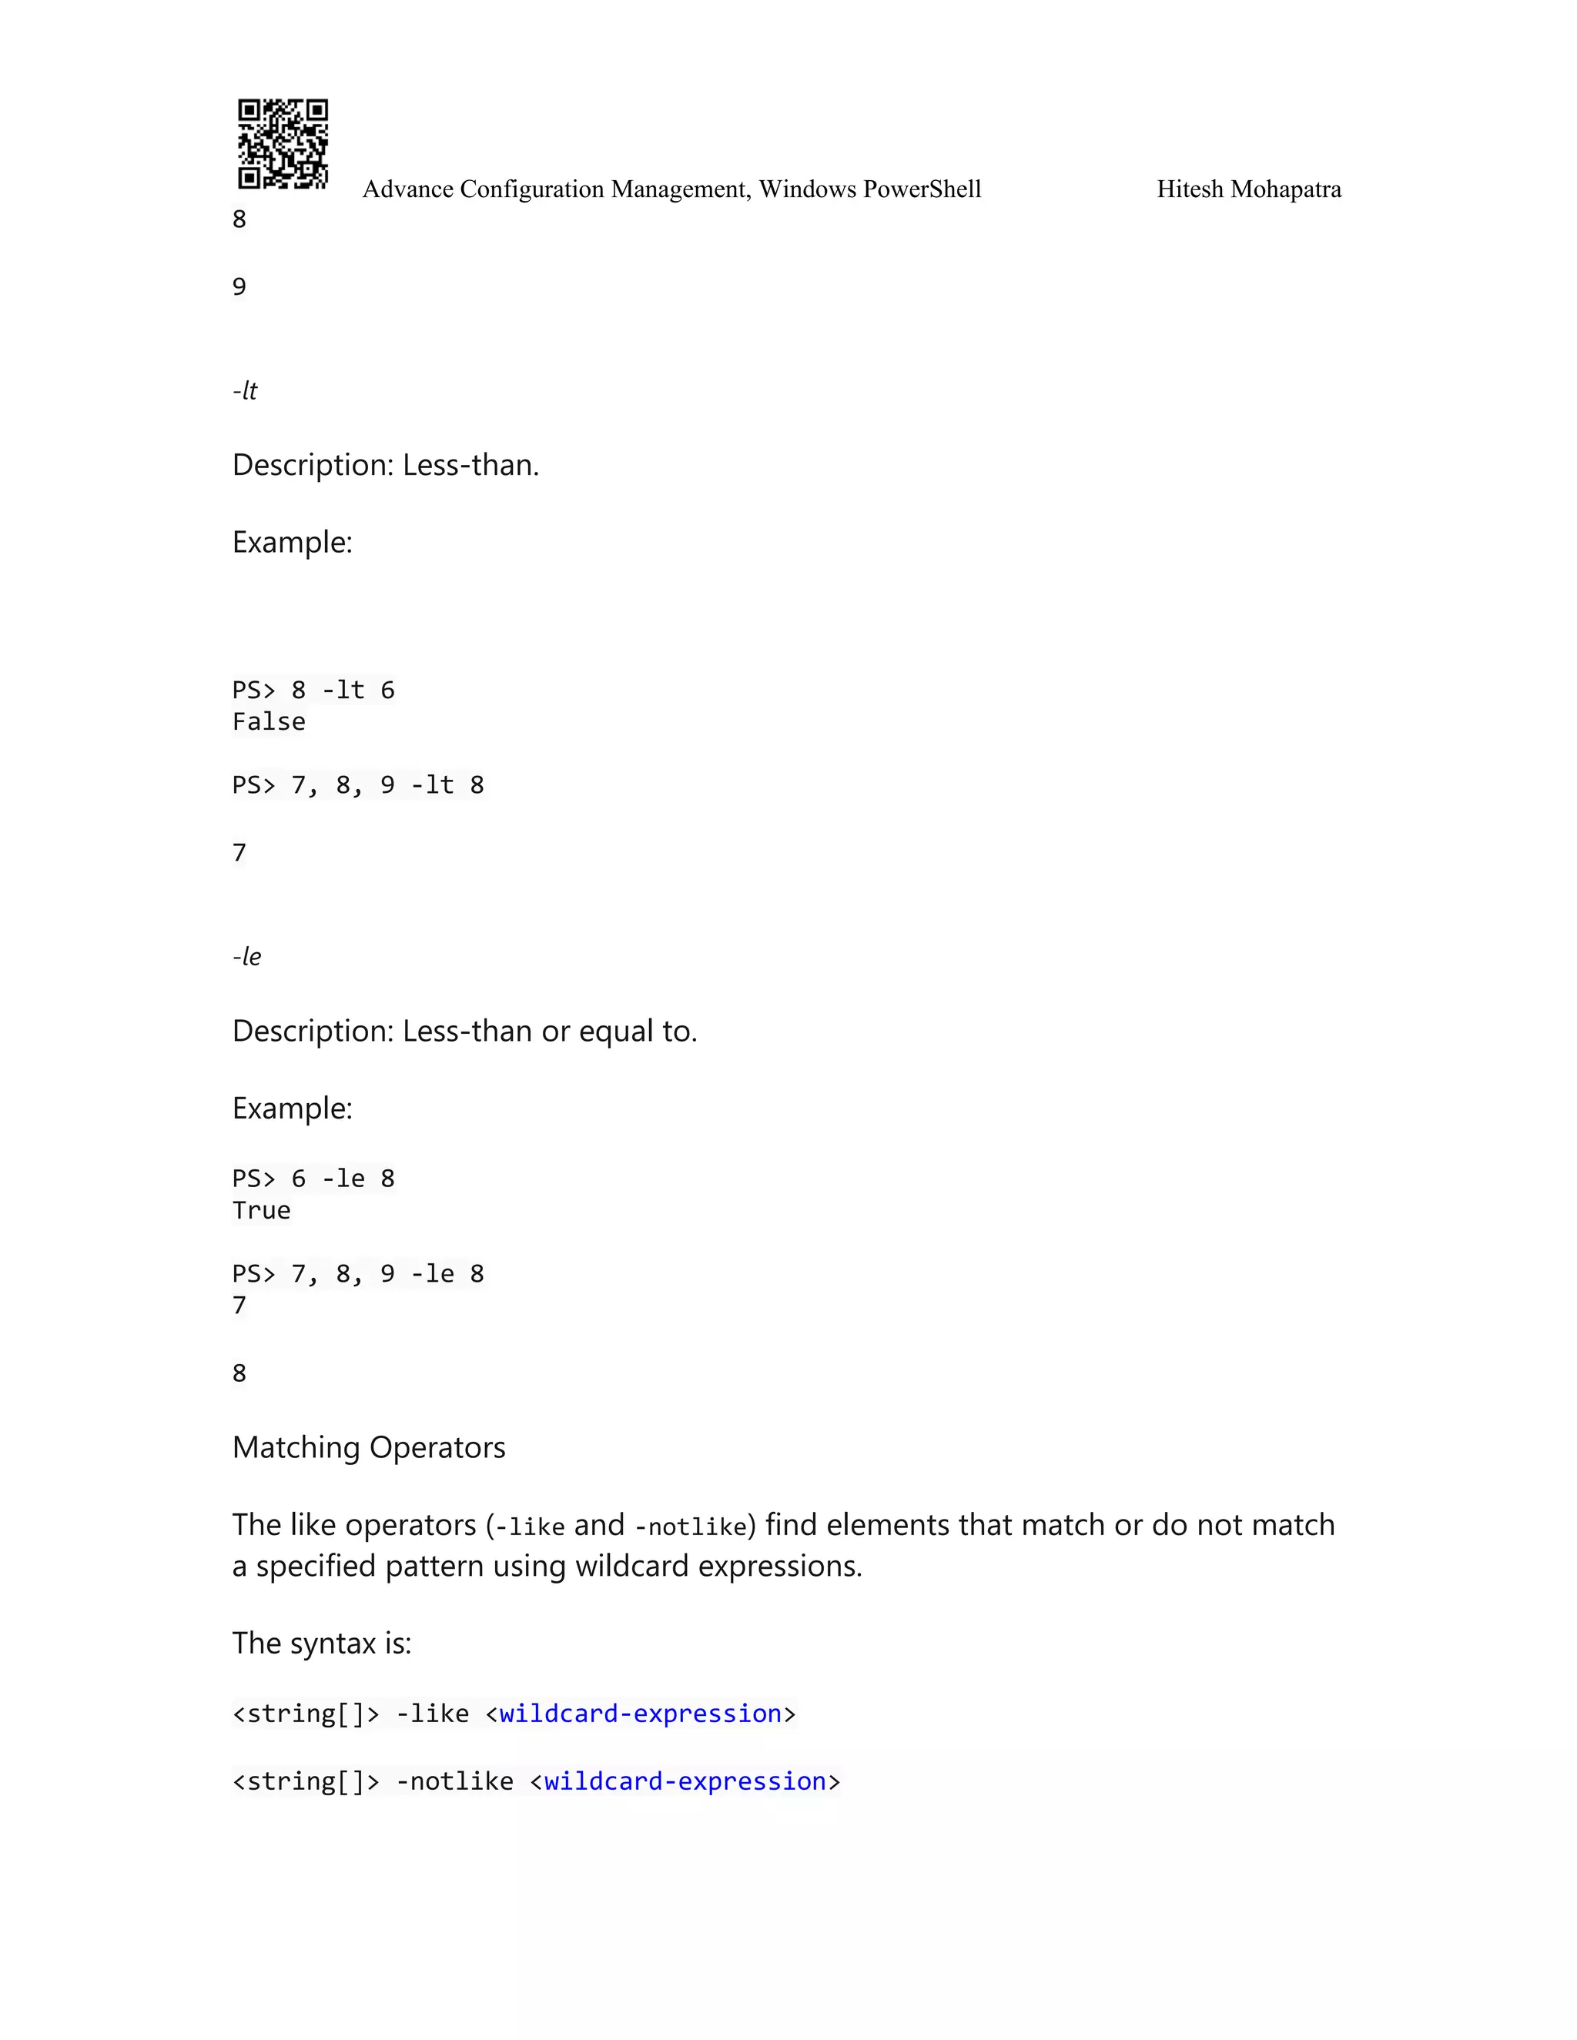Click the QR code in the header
[282, 144]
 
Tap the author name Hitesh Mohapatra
[1248, 189]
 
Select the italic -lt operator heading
[245, 390]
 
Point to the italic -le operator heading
[246, 956]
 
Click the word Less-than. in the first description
[470, 465]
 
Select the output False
[269, 722]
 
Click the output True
[262, 1211]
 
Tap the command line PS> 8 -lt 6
[313, 691]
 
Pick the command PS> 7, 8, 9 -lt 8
[358, 785]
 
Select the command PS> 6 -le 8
[313, 1179]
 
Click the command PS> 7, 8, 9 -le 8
[358, 1274]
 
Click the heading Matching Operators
[369, 1448]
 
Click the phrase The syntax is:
[321, 1643]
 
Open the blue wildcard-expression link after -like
[640, 1714]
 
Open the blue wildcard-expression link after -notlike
[685, 1781]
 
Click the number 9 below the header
[239, 287]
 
